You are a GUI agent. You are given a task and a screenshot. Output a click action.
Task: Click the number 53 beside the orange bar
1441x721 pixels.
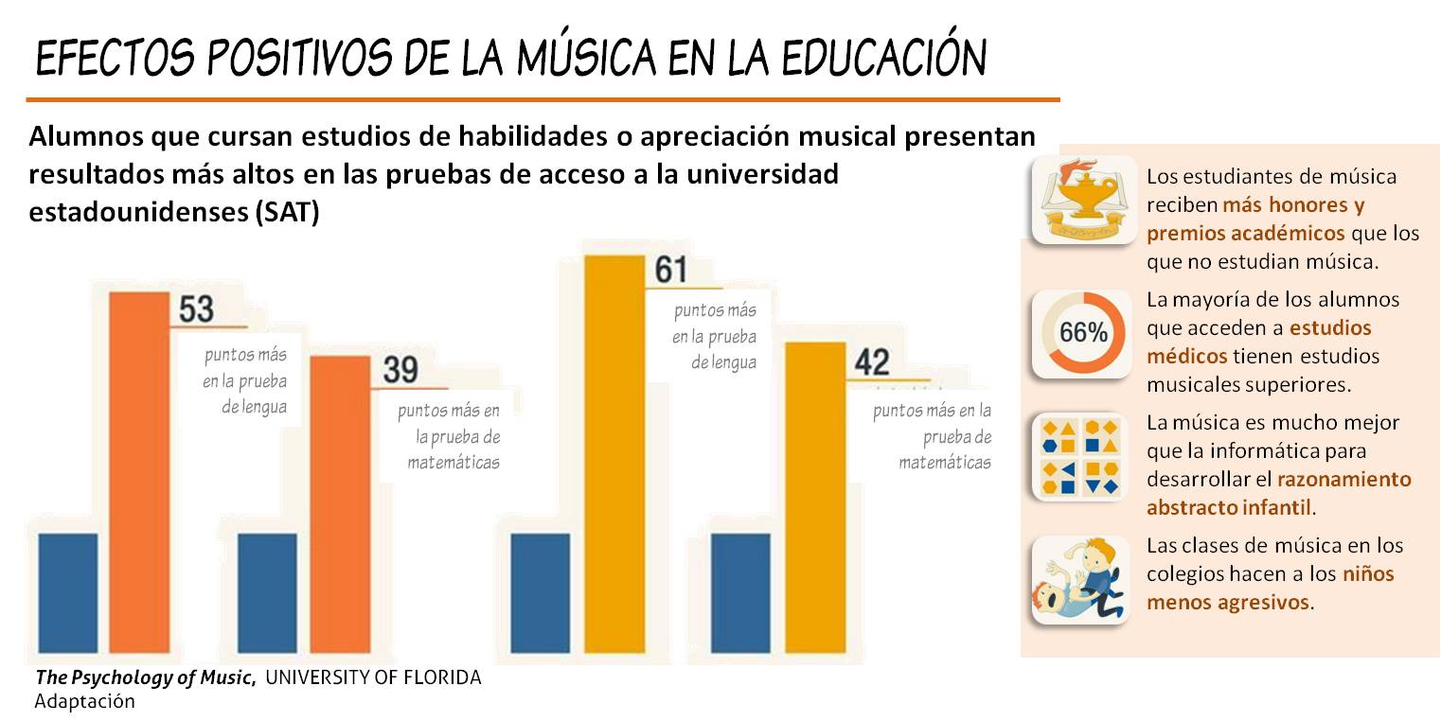point(196,309)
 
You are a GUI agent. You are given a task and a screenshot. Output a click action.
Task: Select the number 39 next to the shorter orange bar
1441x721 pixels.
point(400,369)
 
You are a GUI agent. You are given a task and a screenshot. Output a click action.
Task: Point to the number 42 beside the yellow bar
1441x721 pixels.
point(872,361)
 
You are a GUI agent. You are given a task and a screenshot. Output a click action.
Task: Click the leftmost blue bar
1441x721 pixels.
point(67,592)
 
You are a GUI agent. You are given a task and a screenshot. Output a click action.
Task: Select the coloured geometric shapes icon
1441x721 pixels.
point(1080,457)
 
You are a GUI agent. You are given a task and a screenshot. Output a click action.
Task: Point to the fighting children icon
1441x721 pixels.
point(1080,580)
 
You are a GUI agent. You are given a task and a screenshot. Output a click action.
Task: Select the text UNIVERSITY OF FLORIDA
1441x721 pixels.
point(373,678)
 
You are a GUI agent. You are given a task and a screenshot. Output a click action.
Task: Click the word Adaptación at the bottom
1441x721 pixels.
point(84,702)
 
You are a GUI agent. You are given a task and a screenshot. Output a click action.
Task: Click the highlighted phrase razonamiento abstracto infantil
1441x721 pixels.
point(1278,493)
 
